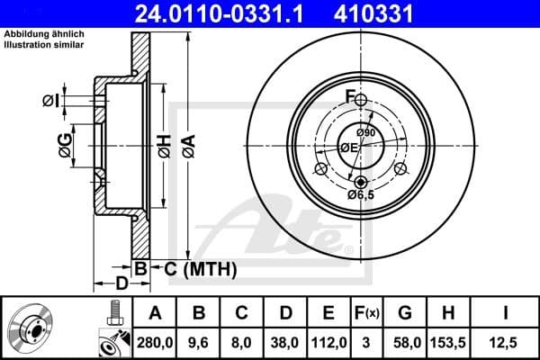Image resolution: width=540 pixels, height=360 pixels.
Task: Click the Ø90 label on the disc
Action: (x=365, y=134)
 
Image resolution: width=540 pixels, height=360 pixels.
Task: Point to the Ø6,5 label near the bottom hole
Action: (x=362, y=193)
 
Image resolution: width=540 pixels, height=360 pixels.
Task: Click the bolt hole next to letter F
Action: (x=361, y=100)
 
